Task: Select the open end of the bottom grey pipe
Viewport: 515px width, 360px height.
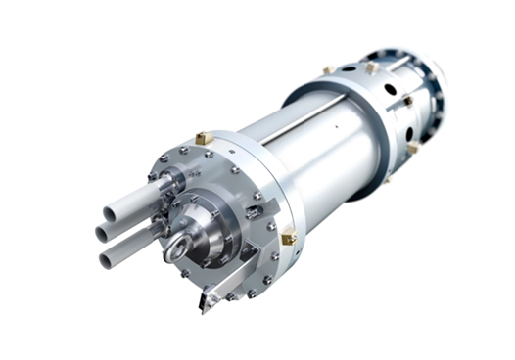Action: point(106,259)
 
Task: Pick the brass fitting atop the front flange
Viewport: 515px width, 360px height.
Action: point(203,139)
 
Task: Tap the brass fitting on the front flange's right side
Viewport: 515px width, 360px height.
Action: point(288,237)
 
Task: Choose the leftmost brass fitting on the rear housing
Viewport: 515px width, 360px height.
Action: point(330,70)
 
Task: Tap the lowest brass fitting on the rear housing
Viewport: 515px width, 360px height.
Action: point(413,147)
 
